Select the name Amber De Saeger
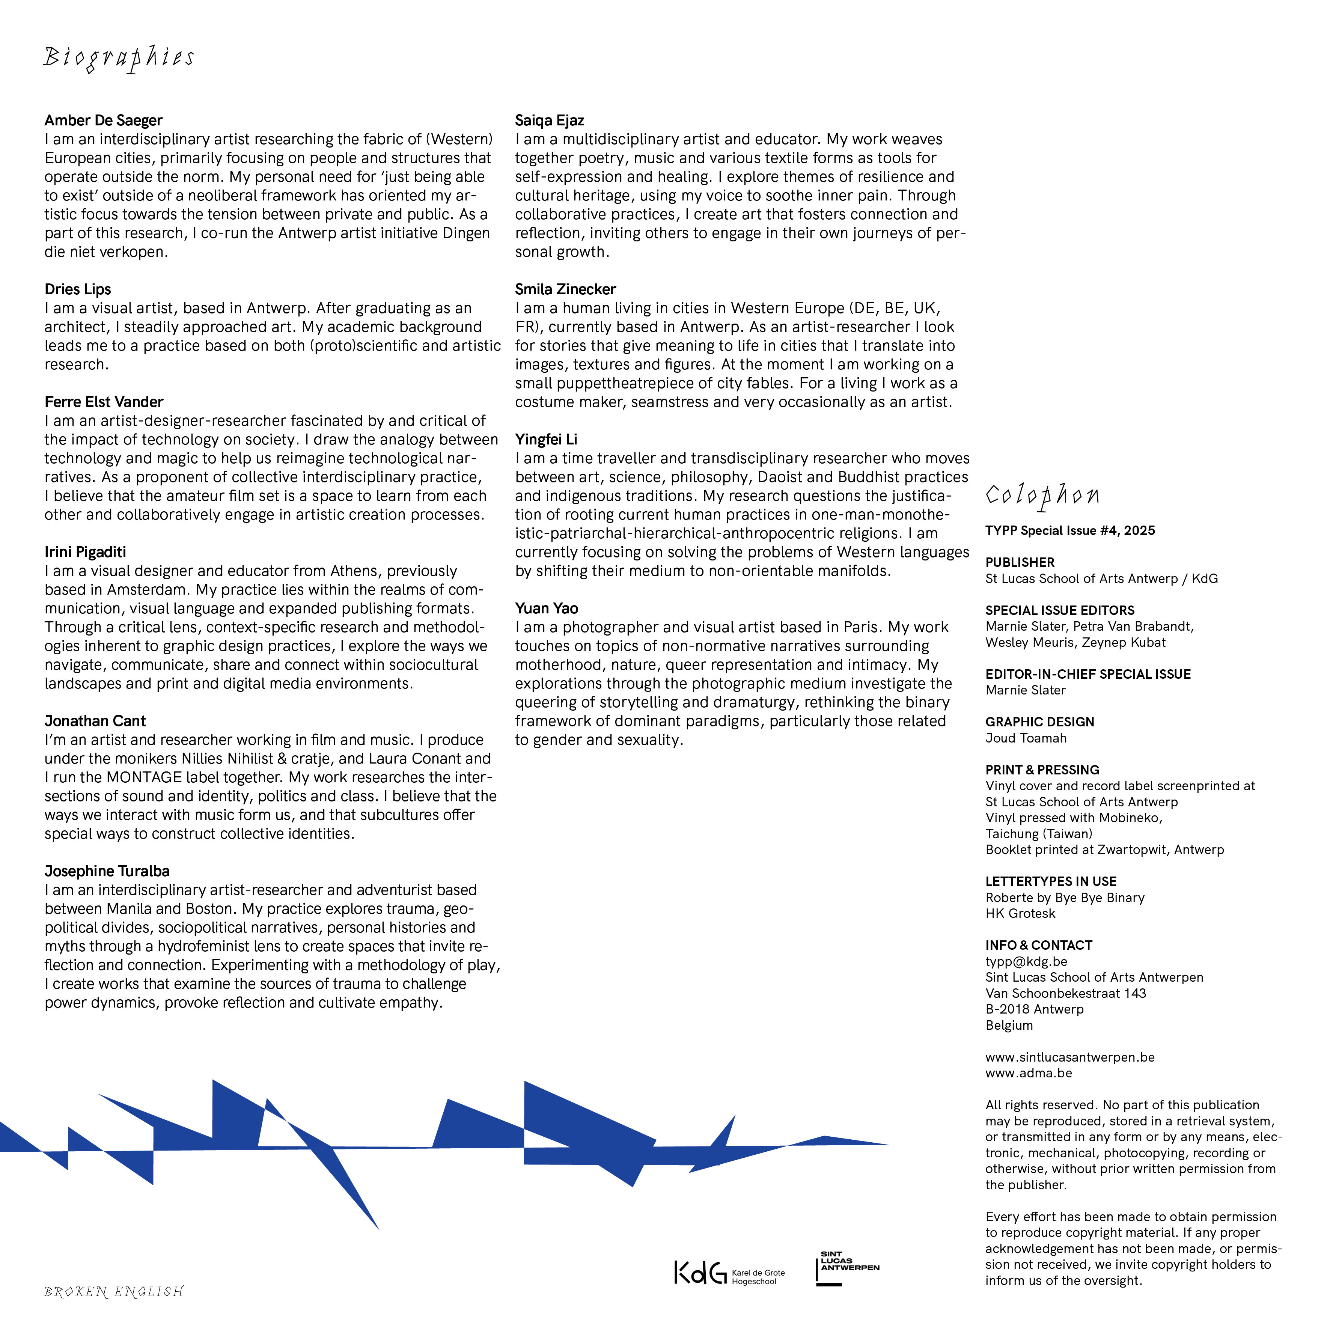[x=103, y=120]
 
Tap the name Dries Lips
[x=78, y=289]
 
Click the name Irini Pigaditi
[x=85, y=552]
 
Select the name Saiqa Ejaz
[x=549, y=120]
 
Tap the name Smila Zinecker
[x=565, y=289]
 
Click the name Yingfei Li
[x=546, y=439]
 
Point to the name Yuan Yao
[x=547, y=609]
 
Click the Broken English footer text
[x=114, y=1292]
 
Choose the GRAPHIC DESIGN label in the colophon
[x=1039, y=722]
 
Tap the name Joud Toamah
[x=1026, y=739]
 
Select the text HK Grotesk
[x=1020, y=914]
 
